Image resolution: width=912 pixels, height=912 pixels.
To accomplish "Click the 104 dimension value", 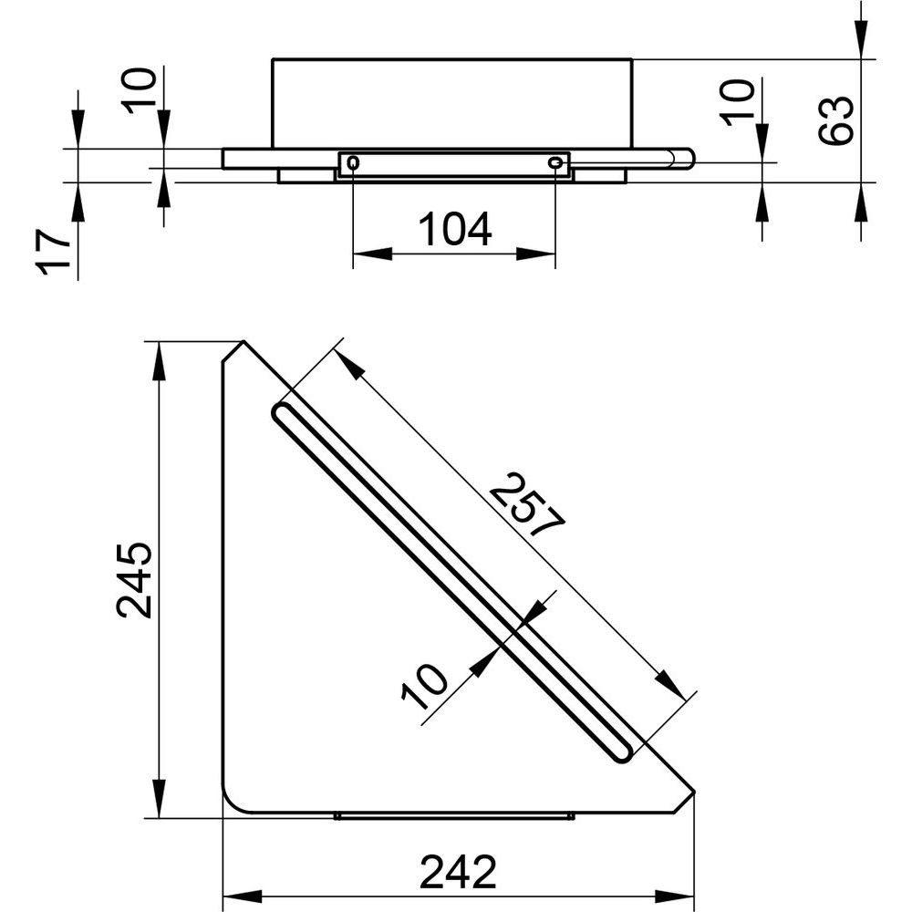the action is (455, 230).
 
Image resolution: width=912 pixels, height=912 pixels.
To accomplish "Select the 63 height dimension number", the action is (835, 119).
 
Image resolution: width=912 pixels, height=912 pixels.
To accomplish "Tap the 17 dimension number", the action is (53, 252).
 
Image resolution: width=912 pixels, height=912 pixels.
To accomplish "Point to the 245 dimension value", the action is (134, 580).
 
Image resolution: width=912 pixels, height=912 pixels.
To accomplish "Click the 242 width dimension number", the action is (459, 872).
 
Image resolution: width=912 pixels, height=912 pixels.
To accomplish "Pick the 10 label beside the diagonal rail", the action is (425, 687).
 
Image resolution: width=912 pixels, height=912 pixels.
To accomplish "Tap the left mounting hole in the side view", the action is (353, 163).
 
